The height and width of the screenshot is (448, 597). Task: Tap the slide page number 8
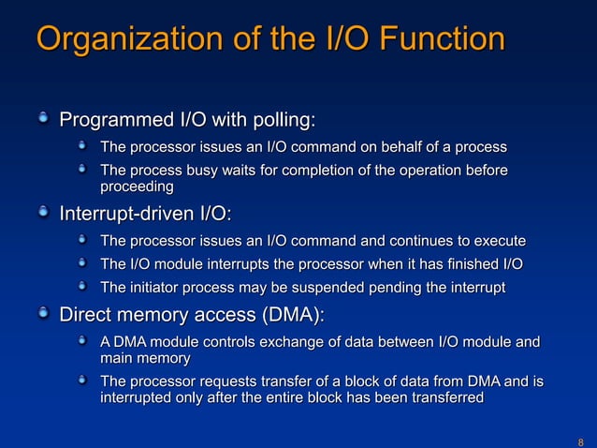click(580, 441)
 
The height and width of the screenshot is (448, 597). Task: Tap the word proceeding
click(137, 187)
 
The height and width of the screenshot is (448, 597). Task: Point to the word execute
click(498, 241)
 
